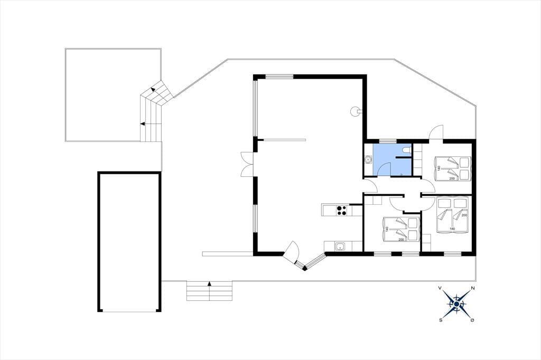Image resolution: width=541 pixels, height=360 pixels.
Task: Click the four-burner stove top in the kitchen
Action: pos(100,210)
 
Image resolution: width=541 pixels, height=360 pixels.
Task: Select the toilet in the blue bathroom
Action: pos(406,150)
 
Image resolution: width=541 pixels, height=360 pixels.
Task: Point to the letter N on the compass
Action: pos(473,288)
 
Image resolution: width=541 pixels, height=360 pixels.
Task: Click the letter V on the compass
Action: pos(440,288)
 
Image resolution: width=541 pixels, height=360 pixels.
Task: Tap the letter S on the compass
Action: pos(441,320)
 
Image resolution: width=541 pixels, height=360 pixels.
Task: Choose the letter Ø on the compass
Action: pos(472,320)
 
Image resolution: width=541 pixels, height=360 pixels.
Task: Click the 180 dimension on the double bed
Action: pos(452,229)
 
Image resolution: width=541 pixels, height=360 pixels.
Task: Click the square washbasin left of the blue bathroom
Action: pos(369,159)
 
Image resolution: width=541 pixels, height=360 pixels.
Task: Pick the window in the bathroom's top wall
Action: pos(388,141)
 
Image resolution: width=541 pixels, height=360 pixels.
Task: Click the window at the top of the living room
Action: pos(279,77)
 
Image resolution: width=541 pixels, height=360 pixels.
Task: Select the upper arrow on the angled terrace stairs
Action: pos(152,90)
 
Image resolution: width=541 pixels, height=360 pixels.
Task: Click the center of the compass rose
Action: pos(456,304)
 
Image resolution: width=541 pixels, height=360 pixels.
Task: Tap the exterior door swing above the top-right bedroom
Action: pos(436,132)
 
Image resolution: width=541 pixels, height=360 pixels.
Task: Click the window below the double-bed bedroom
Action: pos(452,254)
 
